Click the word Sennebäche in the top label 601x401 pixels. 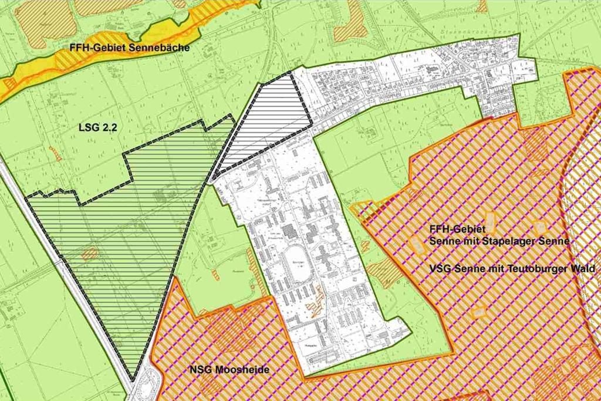161,48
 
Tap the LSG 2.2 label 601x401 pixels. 96,126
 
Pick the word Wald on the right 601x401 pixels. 583,268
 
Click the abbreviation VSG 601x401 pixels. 440,268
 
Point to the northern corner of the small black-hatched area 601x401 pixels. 290,73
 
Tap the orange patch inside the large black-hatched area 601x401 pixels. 90,254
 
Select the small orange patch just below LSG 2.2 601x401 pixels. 56,153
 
